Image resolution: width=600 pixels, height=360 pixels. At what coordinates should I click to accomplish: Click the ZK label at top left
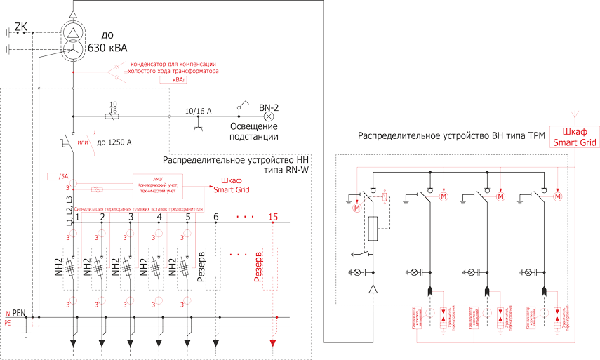point(21,27)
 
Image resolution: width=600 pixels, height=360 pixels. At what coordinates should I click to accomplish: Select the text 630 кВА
point(106,48)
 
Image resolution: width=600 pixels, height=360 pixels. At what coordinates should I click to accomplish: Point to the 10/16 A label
point(198,111)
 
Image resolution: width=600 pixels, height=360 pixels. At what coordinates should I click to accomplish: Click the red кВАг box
point(169,81)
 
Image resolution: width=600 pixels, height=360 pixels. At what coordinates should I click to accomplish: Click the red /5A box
point(57,176)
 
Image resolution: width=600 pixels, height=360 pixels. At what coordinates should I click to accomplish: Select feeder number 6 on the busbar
point(216,217)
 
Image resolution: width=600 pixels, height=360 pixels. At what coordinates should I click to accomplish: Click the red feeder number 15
point(273,217)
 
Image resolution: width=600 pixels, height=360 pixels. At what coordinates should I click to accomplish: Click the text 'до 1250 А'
point(114,142)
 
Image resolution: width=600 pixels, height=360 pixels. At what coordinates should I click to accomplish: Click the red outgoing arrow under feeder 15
point(273,343)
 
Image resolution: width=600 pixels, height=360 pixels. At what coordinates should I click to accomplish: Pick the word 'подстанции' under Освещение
point(254,137)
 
